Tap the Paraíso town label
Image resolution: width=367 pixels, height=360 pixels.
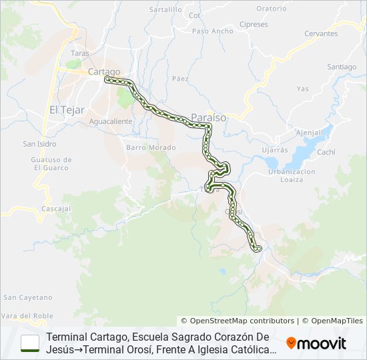[209, 117]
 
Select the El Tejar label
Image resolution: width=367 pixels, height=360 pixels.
[66, 110]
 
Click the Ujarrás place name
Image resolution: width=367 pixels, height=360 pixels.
[275, 150]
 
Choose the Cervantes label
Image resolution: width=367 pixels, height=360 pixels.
[321, 33]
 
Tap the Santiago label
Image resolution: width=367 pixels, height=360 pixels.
[342, 67]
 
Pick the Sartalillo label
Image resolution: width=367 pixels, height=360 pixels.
[165, 10]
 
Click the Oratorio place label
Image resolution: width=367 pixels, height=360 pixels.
[271, 9]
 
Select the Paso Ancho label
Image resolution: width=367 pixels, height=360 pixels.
[213, 31]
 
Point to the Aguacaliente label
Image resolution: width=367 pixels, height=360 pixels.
[110, 121]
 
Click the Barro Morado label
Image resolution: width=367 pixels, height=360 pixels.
[150, 147]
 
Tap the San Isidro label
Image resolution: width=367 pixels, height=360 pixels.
[39, 143]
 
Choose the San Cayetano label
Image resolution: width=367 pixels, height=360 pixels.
[27, 297]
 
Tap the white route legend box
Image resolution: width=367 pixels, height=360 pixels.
[30, 343]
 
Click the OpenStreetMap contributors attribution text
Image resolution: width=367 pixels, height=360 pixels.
[238, 321]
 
